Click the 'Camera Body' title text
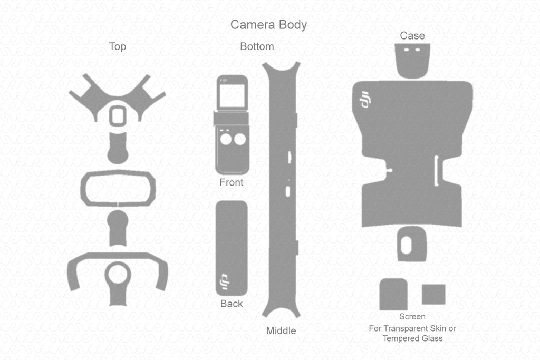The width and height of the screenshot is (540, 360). point(268,24)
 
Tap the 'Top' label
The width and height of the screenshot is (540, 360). point(118,46)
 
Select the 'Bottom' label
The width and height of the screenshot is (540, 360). point(257,46)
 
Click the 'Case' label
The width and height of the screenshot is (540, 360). point(412,35)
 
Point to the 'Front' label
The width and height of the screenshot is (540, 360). point(232,182)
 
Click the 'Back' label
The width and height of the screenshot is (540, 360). point(232,304)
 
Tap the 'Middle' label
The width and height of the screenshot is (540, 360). point(281,330)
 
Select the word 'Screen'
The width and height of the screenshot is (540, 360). point(412,316)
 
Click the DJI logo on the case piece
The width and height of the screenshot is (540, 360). point(365,100)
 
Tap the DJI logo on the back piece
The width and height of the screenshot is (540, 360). point(225,282)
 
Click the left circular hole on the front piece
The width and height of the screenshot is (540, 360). point(226,139)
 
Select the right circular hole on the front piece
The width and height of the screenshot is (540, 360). point(240,139)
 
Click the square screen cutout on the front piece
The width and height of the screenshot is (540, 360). point(233,96)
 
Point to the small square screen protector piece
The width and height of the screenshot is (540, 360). point(433,294)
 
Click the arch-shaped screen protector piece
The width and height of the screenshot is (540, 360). point(393,295)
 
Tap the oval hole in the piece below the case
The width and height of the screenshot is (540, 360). point(407,245)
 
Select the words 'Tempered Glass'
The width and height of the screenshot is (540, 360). point(412,338)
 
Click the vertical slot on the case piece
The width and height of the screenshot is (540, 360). point(436,171)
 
